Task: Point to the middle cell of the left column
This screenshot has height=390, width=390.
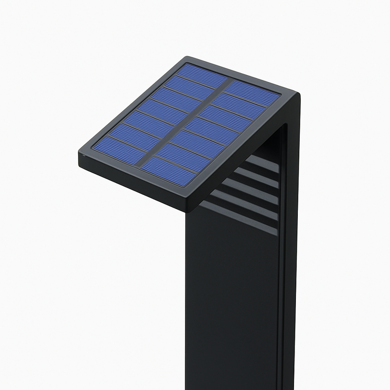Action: (158, 114)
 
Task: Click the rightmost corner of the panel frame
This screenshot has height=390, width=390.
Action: (299, 95)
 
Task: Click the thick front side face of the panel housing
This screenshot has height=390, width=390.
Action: (132, 183)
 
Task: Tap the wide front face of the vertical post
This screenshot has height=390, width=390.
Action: (229, 302)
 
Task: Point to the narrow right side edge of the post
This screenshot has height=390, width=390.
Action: (291, 268)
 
